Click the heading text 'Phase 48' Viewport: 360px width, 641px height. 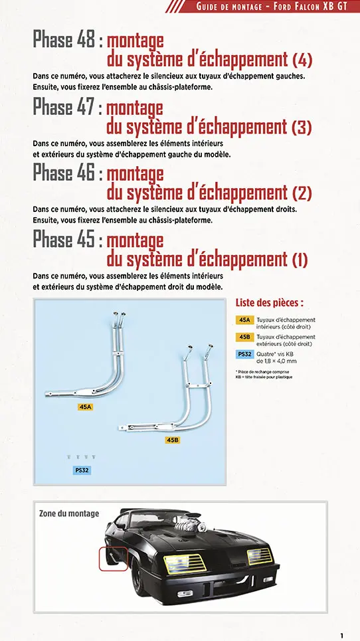[64, 41]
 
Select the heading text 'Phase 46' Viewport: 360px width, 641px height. [64, 173]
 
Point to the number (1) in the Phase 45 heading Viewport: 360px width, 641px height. [301, 260]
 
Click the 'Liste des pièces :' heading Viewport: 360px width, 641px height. [270, 302]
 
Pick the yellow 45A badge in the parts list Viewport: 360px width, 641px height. [244, 320]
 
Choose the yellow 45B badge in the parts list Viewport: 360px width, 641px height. [244, 337]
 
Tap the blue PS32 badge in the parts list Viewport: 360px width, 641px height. [244, 354]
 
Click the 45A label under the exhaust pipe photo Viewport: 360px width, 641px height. [85, 407]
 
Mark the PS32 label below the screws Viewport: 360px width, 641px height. [81, 470]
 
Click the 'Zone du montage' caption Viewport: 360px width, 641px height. [69, 513]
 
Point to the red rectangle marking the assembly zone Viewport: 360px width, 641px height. [113, 559]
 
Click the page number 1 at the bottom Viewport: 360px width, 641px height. [341, 636]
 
